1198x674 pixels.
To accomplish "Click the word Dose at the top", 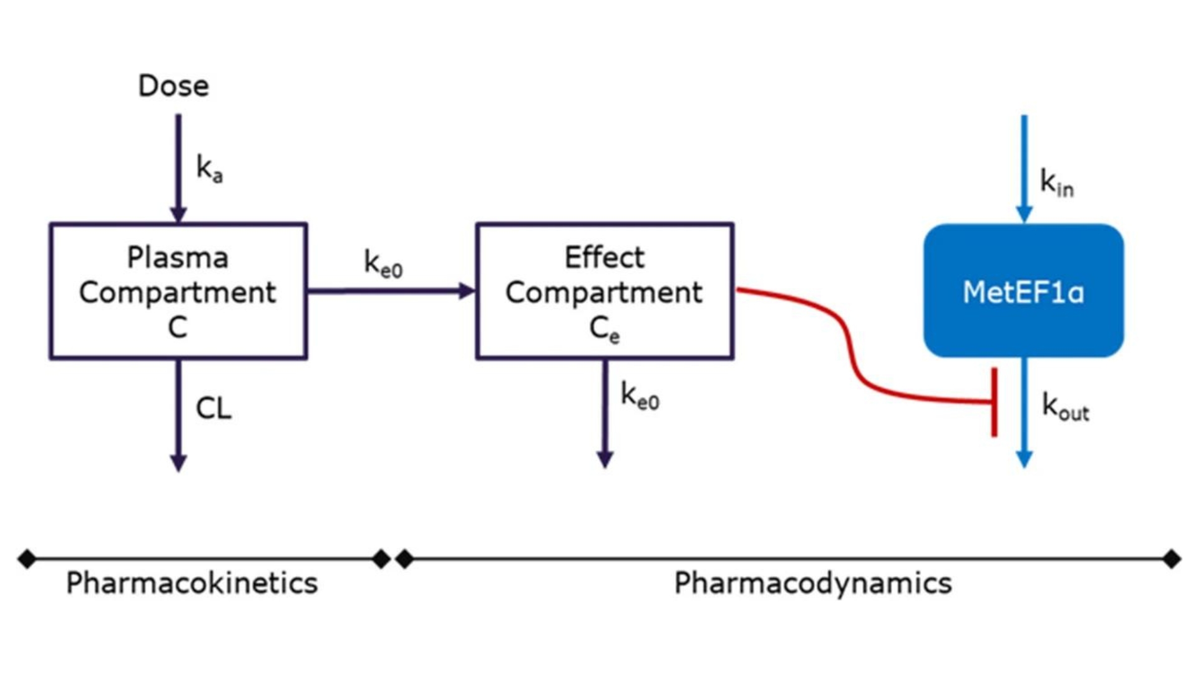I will [173, 85].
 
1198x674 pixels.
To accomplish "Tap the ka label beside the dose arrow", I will [209, 168].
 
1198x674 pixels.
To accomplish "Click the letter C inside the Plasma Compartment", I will [178, 327].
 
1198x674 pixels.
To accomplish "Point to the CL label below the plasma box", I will [213, 409].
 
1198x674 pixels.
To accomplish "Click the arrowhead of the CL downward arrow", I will [178, 463].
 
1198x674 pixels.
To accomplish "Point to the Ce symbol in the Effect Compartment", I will [604, 329].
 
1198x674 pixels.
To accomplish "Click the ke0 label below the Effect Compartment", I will [640, 396].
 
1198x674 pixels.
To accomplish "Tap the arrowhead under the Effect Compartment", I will [605, 460].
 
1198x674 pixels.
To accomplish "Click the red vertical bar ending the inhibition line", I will [994, 403].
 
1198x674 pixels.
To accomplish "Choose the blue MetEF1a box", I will [1023, 291].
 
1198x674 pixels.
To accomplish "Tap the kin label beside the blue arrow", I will [1056, 183].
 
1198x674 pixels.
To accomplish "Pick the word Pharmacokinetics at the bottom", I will [192, 584].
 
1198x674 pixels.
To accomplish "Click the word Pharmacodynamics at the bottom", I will [812, 584].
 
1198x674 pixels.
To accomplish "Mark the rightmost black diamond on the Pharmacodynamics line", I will [1171, 559].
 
